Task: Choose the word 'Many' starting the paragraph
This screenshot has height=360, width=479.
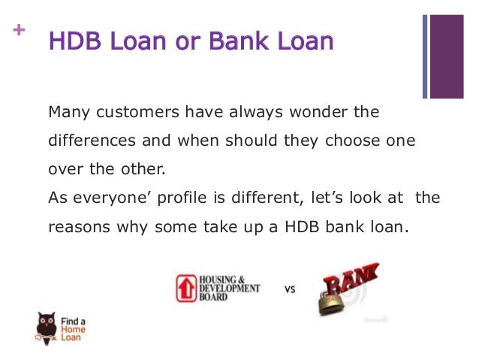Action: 65,113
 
